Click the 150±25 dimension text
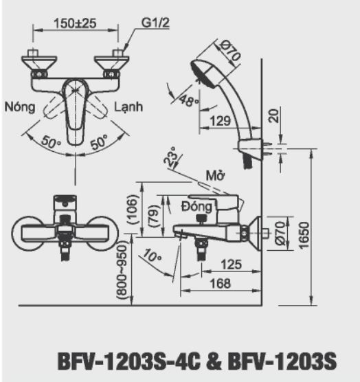(x=76, y=23)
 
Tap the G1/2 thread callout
(x=155, y=23)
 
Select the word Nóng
(x=20, y=107)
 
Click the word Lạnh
(x=128, y=107)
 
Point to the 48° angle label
(x=188, y=100)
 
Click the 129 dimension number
(x=220, y=121)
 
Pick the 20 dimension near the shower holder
(x=273, y=115)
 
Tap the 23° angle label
(x=170, y=157)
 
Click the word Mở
(x=215, y=175)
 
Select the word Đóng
(x=197, y=207)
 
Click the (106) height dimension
(x=133, y=210)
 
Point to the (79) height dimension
(x=154, y=216)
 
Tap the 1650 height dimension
(x=304, y=236)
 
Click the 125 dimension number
(x=231, y=265)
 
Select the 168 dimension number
(x=220, y=284)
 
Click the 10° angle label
(x=152, y=256)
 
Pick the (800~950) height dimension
(x=122, y=271)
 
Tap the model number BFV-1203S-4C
(x=129, y=361)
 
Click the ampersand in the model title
(x=214, y=361)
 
